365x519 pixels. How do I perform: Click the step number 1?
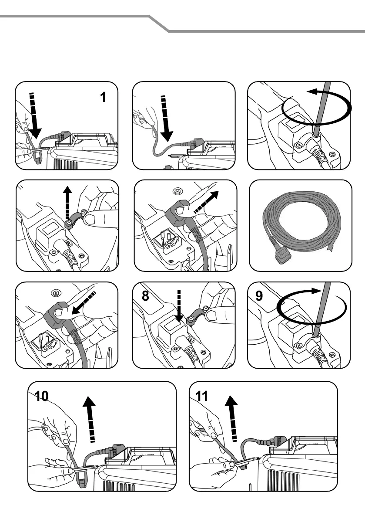[103, 97]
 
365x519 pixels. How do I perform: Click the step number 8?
[145, 295]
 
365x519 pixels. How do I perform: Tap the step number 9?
[259, 295]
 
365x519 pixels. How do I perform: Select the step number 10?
[42, 396]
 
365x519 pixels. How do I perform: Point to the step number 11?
[201, 396]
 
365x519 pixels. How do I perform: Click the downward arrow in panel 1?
[34, 115]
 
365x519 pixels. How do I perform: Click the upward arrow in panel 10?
[90, 419]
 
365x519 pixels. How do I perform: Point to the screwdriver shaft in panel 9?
[322, 309]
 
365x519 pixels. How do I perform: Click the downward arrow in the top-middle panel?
[166, 118]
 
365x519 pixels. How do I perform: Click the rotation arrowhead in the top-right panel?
[313, 92]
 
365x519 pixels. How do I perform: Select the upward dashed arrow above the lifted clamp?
[68, 201]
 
